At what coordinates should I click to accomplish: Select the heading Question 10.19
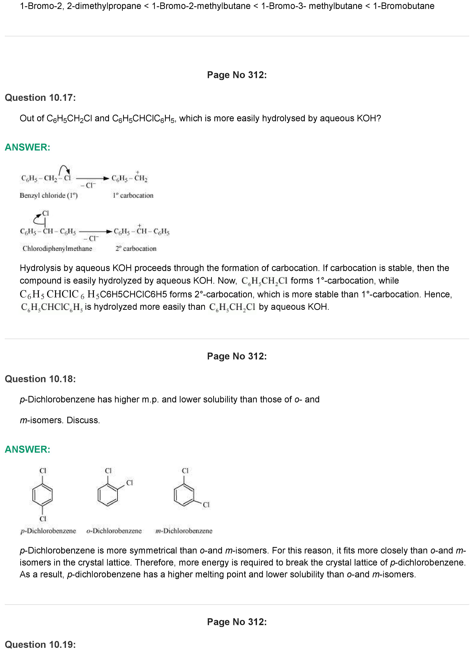[40, 644]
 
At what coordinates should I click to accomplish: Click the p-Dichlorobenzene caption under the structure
[48, 531]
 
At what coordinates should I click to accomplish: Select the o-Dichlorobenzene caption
[114, 531]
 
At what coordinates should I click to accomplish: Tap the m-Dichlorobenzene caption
[184, 531]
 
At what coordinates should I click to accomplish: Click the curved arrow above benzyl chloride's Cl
[64, 169]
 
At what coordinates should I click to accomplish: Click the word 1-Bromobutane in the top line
[404, 6]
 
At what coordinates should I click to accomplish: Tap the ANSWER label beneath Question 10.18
[28, 449]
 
